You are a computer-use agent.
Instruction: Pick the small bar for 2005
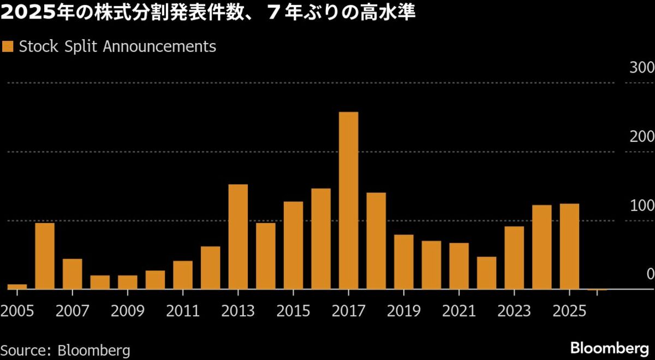tap(17, 286)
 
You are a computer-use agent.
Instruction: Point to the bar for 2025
tap(569, 246)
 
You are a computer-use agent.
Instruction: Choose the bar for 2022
tap(486, 272)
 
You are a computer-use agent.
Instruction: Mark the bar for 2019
tap(403, 261)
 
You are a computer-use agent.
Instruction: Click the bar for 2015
tap(293, 245)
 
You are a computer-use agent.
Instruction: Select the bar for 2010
tap(155, 279)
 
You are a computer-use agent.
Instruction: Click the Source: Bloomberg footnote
tap(65, 350)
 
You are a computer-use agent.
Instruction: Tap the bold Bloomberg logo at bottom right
tap(609, 348)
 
